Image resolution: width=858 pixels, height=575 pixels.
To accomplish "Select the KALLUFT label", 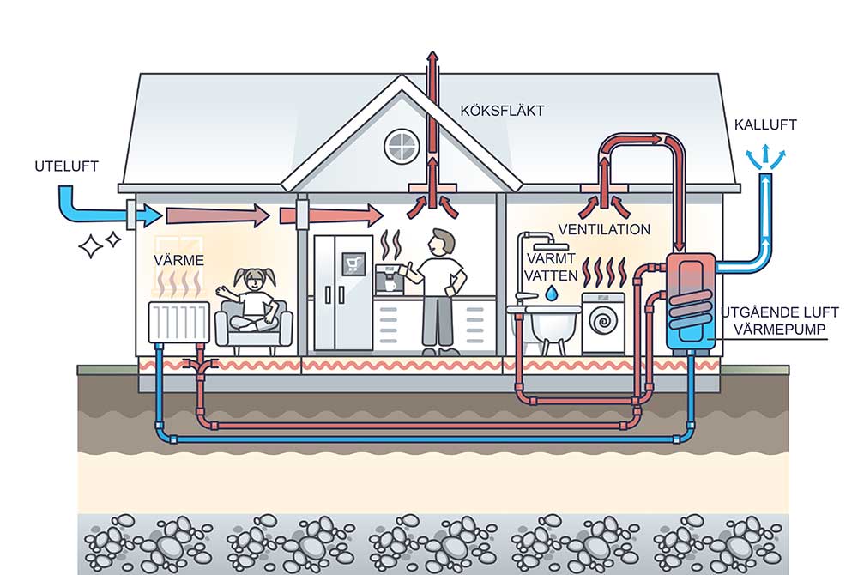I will (765, 125).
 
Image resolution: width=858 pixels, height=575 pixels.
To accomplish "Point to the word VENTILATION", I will (604, 229).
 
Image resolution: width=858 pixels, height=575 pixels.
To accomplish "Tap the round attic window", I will (400, 146).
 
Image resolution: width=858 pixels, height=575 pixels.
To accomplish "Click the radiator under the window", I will (179, 322).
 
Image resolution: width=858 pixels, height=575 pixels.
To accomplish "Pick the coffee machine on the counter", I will (390, 279).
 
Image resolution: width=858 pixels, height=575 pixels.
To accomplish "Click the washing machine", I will (604, 324).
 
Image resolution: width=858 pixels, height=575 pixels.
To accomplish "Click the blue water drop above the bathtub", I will (550, 294).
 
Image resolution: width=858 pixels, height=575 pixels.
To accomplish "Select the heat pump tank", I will (692, 300).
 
